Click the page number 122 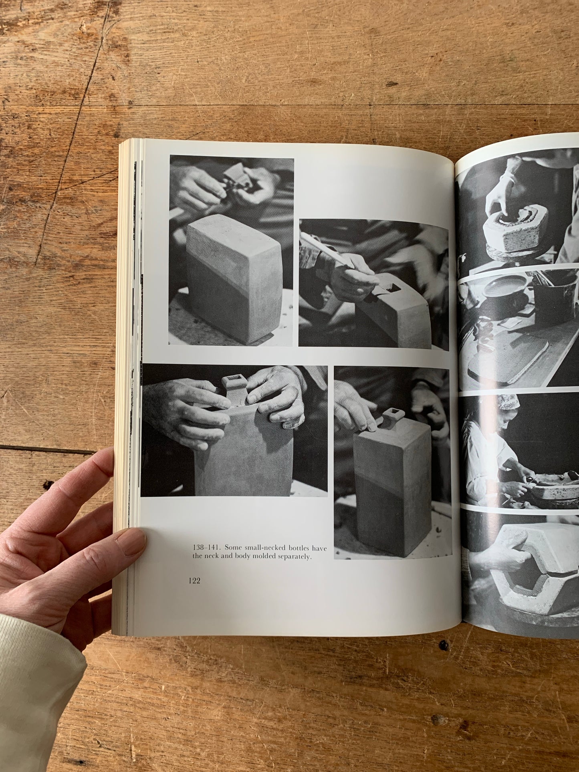pos(194,581)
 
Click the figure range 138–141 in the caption pos(206,548)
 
